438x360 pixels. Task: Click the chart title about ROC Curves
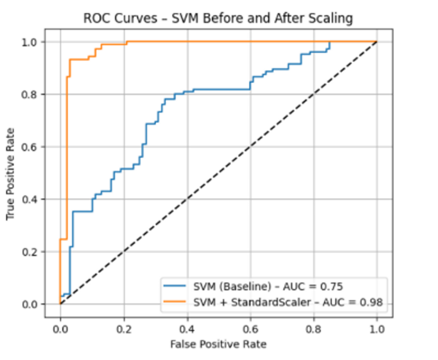[x=218, y=18]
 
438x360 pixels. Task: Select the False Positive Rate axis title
[x=218, y=344]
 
